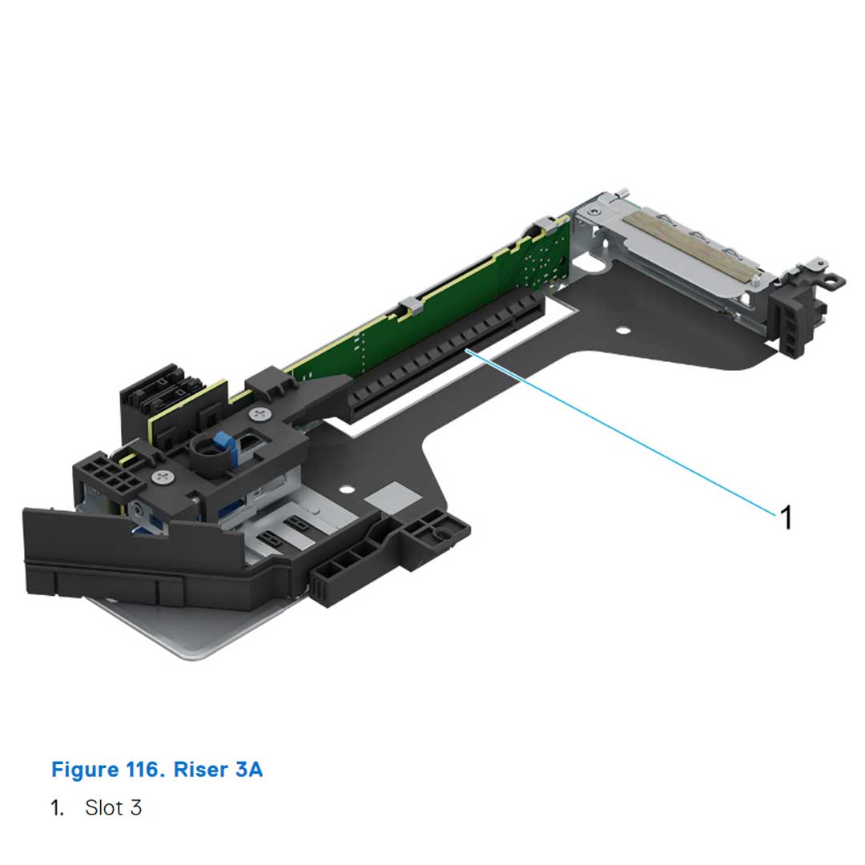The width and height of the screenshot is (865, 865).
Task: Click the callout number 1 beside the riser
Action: [786, 517]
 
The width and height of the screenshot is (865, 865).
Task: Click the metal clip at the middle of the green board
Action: [408, 305]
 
